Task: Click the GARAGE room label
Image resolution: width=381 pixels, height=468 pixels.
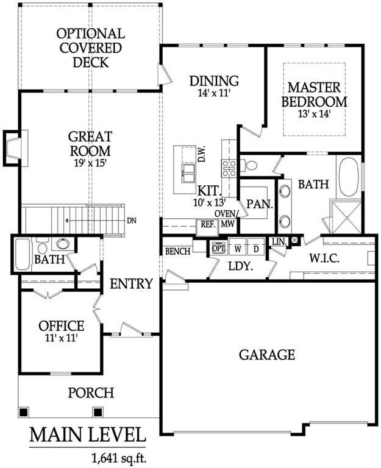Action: tap(266, 355)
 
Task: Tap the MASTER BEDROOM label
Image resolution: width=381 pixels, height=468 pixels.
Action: tap(314, 94)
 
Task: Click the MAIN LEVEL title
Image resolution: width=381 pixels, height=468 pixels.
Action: tap(88, 435)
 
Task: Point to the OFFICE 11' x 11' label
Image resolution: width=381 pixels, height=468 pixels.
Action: tap(61, 330)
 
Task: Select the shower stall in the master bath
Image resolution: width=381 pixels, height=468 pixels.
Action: tap(345, 216)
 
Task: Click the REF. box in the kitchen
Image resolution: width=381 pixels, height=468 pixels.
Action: tap(208, 224)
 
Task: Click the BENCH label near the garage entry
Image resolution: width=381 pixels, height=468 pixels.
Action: tap(178, 251)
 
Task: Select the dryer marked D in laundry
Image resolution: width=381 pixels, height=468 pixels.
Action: tap(256, 249)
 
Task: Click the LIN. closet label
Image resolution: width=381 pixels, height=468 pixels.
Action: tap(279, 241)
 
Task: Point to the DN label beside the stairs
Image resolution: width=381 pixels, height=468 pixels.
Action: tap(132, 221)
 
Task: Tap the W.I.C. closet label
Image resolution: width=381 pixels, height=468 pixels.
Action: tap(324, 258)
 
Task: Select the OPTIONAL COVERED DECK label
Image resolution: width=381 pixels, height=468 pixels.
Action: tap(90, 48)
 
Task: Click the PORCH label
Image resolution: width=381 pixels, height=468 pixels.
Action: tap(90, 392)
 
